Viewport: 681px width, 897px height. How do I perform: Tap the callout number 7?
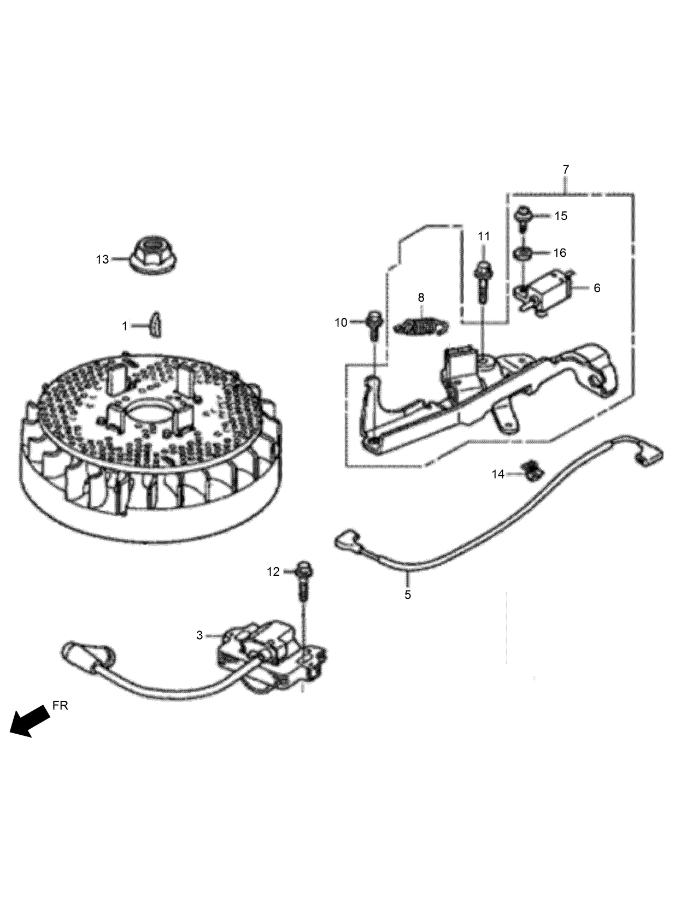coord(566,169)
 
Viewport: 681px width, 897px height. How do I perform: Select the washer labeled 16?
coord(524,253)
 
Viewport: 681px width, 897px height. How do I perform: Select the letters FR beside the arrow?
coord(60,705)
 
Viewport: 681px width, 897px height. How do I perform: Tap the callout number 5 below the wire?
coord(408,594)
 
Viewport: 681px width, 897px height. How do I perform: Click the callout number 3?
coord(200,635)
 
